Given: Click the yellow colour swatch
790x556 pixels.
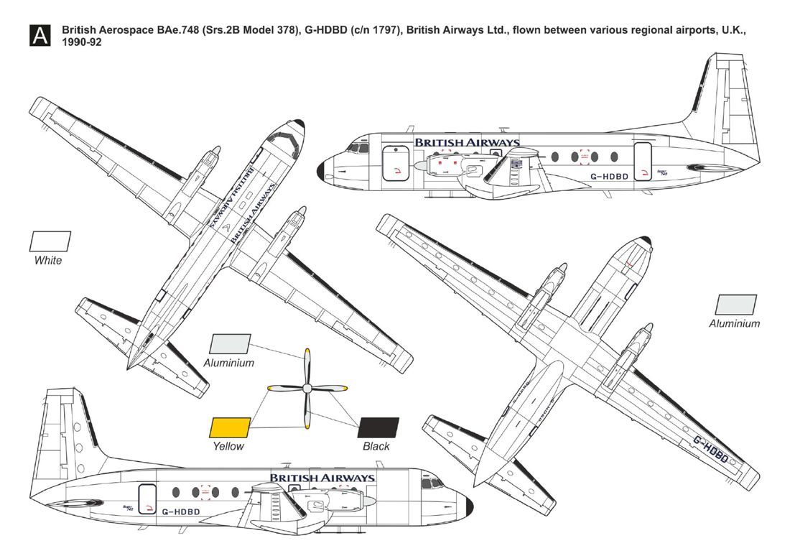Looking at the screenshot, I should pos(230,427).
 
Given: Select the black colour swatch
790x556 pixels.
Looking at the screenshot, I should pos(378,427).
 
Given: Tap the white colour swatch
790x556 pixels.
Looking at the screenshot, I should pos(50,241).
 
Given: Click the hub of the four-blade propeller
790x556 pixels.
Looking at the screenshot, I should pos(307,388).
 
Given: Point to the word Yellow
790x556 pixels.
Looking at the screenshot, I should pos(228,447).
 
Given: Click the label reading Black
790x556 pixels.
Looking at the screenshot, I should pos(376,447).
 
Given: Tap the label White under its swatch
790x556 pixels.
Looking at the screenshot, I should pos(48,261).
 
